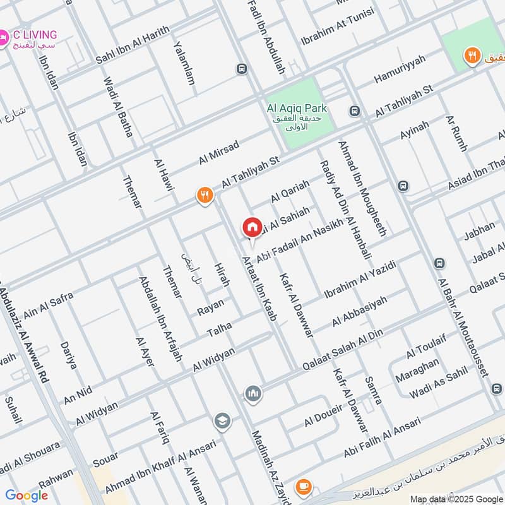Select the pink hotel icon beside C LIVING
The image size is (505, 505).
[x=4, y=39]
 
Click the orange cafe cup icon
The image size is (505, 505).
[x=304, y=486]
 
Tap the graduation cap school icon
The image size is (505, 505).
[x=222, y=420]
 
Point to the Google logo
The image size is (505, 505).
[x=27, y=496]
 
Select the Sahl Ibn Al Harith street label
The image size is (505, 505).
[x=133, y=45]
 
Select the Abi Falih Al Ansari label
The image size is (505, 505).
[x=386, y=443]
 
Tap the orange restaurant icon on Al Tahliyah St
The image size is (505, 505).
[x=203, y=195]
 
